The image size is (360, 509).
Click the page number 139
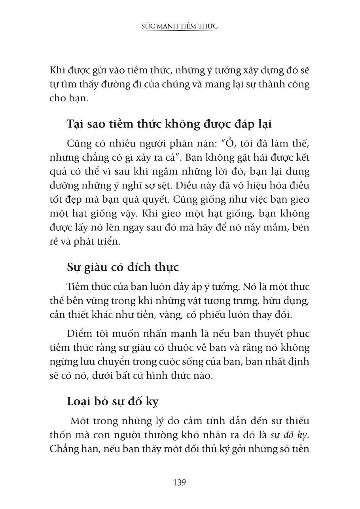(179, 482)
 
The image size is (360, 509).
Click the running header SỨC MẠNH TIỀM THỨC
(180, 26)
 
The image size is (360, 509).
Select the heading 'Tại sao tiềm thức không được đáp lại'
(169, 123)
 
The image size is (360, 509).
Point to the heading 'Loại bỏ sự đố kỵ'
(113, 402)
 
